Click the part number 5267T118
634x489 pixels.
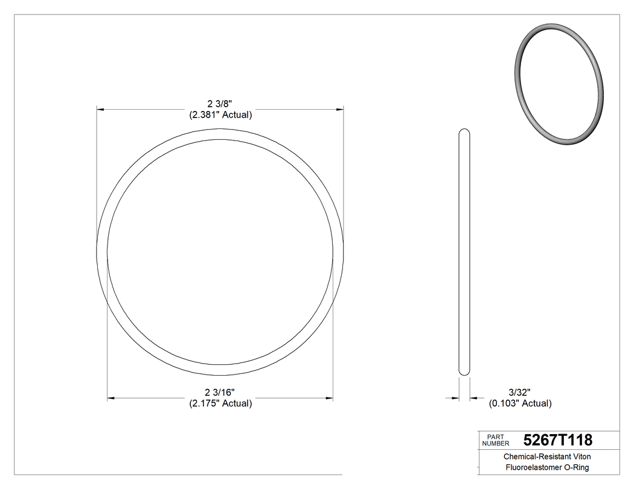click(557, 440)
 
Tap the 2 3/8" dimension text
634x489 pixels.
click(220, 104)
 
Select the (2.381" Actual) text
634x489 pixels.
click(220, 115)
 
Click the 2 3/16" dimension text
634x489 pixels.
click(220, 393)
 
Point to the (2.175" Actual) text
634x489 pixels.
click(220, 403)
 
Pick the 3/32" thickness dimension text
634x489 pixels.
click(519, 393)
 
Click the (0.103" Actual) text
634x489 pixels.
click(520, 403)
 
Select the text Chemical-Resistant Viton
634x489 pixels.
click(547, 457)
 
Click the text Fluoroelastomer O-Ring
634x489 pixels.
click(547, 468)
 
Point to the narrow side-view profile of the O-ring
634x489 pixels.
click(464, 253)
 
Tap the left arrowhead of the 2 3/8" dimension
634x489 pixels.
click(101, 110)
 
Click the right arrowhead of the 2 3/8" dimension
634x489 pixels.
click(340, 110)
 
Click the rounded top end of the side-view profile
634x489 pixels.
click(464, 132)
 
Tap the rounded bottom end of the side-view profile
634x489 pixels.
click(464, 373)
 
